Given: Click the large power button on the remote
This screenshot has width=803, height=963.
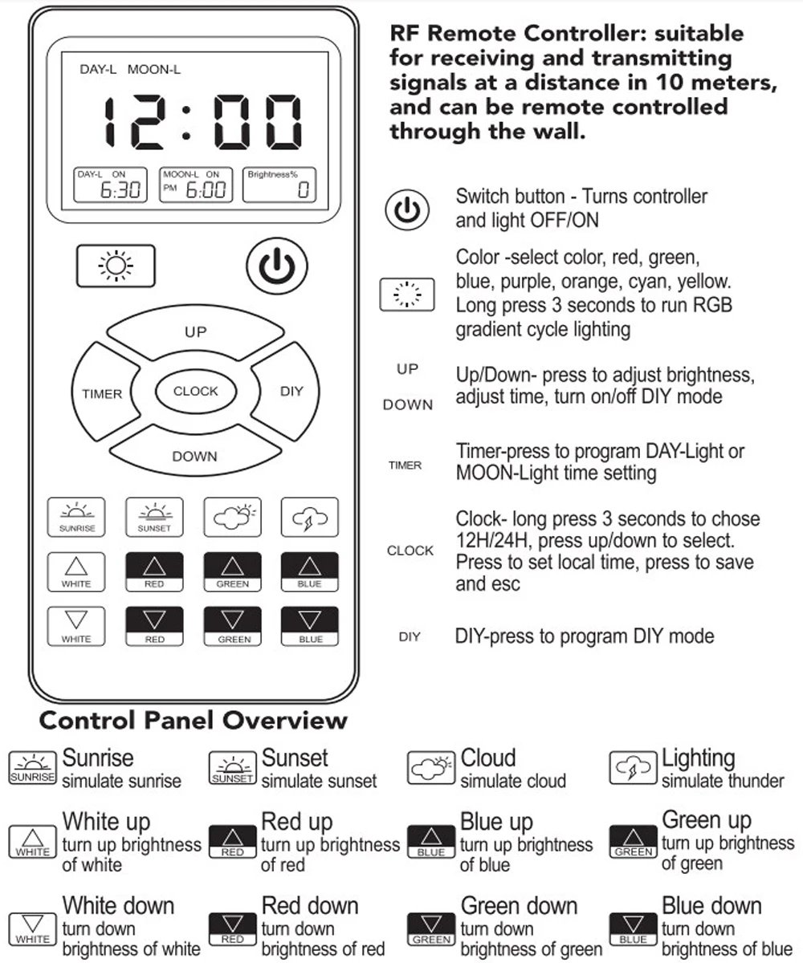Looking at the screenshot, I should (276, 267).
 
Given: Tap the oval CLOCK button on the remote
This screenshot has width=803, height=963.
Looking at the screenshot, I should (195, 392).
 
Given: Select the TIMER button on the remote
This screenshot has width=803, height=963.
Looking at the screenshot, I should (102, 393).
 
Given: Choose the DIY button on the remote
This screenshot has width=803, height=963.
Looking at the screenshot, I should (291, 392).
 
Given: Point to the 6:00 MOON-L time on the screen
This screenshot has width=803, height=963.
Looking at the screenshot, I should (206, 190).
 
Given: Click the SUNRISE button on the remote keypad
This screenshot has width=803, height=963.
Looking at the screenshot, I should (76, 517).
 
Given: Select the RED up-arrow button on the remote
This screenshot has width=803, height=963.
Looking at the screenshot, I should (154, 571).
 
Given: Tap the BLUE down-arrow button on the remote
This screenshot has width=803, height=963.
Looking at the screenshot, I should (309, 626).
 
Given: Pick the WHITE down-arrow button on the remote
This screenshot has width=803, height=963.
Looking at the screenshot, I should (76, 626).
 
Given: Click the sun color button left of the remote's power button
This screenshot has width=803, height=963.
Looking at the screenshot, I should (115, 266).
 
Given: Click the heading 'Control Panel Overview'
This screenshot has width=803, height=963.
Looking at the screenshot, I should (193, 720).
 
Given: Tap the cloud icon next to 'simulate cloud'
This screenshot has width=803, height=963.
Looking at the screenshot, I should (432, 768).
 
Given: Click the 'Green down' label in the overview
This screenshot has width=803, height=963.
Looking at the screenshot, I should (519, 905).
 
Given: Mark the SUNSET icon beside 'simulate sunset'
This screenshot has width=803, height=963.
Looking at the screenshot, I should (232, 768).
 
